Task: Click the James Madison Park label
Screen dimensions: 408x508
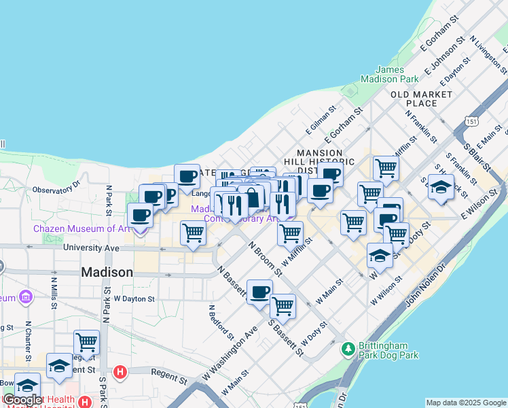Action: click(x=401, y=75)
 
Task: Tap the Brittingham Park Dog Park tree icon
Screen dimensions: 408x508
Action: click(x=348, y=349)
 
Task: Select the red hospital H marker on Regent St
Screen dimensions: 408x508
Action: click(x=121, y=372)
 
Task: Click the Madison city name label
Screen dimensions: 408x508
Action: click(x=107, y=272)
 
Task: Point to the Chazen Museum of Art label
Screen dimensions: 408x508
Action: click(x=81, y=228)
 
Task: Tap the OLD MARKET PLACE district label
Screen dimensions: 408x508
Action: click(x=421, y=99)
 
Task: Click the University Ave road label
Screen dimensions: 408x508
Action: click(x=91, y=248)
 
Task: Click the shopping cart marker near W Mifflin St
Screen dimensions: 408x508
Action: click(x=291, y=233)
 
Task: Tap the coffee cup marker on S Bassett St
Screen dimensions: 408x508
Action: click(x=259, y=292)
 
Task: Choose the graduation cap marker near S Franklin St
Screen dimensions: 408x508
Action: click(x=441, y=186)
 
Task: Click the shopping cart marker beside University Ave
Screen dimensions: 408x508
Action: click(x=194, y=233)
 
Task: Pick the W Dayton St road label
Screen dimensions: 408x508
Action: click(x=134, y=299)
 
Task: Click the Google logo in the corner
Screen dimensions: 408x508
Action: click(x=22, y=401)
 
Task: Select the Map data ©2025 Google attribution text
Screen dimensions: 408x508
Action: click(x=465, y=403)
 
